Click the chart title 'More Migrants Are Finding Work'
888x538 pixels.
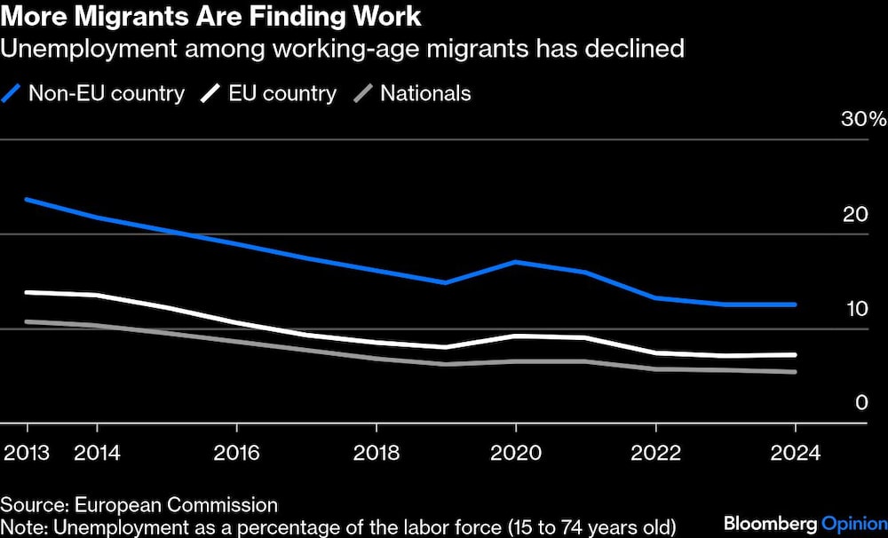[210, 16]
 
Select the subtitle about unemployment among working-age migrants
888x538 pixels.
[342, 48]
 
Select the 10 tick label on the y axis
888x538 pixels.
[853, 309]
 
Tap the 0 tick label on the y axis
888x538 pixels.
[860, 403]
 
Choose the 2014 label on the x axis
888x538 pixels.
[97, 451]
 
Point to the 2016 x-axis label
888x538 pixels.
[236, 451]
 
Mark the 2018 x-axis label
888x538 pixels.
[376, 451]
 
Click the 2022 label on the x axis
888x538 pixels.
[655, 451]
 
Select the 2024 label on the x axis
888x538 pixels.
[795, 451]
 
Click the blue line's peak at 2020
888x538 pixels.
[516, 262]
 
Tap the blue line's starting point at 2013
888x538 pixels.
[26, 199]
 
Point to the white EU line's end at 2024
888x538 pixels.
[795, 354]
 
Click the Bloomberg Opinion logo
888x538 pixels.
[805, 523]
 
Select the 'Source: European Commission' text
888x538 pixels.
[139, 505]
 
